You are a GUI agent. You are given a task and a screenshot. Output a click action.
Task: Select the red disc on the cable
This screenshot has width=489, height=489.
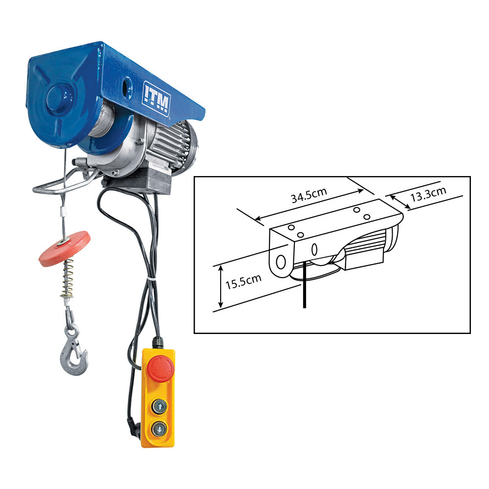point(65,248)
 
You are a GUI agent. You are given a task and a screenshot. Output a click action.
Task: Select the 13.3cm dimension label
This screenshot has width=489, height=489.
point(428,194)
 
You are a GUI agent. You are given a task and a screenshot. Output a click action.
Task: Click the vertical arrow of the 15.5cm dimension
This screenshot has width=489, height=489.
point(221,287)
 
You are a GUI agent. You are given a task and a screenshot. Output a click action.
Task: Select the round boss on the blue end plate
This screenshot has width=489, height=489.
point(59,98)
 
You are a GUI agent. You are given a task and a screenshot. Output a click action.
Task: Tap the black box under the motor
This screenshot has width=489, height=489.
point(147,181)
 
